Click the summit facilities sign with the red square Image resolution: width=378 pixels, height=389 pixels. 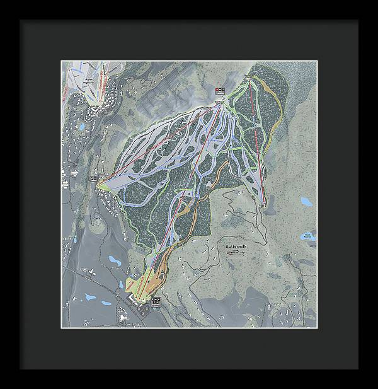[219, 92]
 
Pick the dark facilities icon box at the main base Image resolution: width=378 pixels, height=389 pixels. [156, 301]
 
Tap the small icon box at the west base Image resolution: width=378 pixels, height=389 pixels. [94, 180]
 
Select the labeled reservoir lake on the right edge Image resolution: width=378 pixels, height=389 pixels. [309, 238]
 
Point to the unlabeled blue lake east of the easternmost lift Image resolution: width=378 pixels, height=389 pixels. [306, 202]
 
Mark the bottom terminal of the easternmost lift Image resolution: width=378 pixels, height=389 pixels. [261, 202]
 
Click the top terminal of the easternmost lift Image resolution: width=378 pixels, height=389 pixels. [250, 78]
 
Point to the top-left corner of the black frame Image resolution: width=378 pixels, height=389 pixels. [21, 21]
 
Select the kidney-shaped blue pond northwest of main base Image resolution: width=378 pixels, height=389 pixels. [115, 259]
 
